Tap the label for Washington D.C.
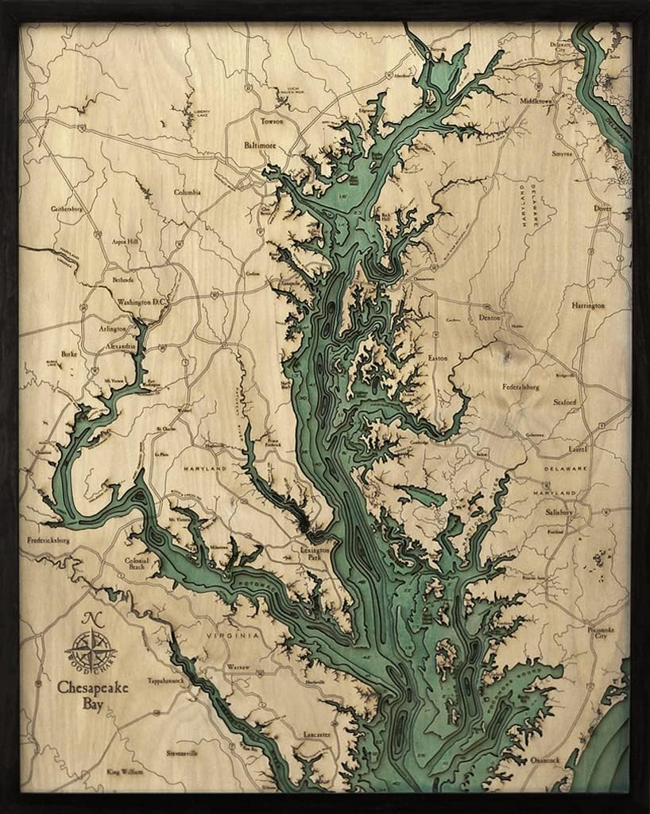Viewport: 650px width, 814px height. coord(140,302)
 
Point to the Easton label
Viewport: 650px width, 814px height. coord(438,359)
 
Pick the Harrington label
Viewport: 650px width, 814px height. coord(588,305)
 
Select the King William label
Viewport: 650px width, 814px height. coord(127,771)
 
